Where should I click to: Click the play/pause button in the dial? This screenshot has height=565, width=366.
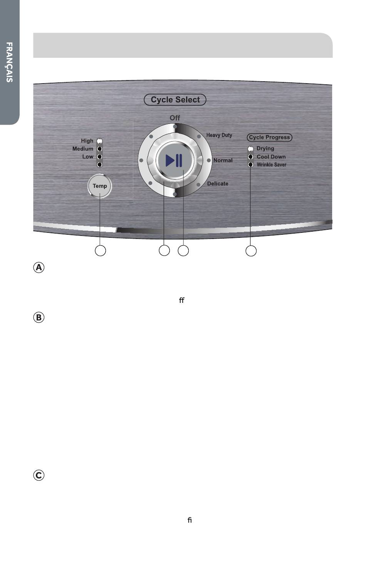(175, 160)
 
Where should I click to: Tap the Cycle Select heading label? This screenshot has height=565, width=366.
(175, 100)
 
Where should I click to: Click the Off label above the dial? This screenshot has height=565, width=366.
(175, 118)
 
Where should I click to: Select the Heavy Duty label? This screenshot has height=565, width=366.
(219, 135)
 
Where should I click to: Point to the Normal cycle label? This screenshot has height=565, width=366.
(223, 160)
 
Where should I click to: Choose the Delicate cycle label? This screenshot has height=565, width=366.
(218, 184)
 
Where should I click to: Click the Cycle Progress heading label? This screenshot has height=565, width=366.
(269, 137)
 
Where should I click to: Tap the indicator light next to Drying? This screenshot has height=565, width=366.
(250, 149)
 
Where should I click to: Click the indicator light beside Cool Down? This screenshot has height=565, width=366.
(250, 157)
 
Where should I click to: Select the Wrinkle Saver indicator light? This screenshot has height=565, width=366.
(250, 164)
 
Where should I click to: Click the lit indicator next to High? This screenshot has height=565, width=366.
(100, 141)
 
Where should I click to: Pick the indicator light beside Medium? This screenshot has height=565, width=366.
(100, 149)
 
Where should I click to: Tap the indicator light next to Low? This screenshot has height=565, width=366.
(100, 157)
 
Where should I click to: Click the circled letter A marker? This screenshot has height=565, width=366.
(39, 267)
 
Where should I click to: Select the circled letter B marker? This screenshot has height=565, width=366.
(39, 317)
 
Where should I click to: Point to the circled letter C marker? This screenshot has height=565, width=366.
(39, 475)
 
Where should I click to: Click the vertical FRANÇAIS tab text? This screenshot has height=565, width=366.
(9, 62)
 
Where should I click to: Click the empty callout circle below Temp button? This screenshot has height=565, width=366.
(100, 251)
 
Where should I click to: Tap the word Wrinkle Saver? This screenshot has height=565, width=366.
(272, 165)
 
